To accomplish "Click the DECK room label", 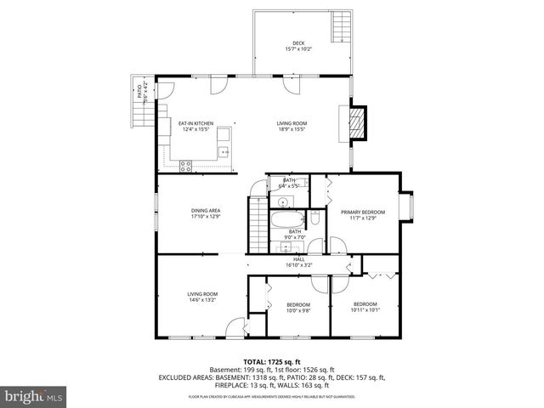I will (x=298, y=42).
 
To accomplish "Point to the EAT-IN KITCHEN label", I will (x=195, y=123).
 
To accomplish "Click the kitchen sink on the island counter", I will (x=224, y=153).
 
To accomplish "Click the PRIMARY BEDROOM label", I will (x=363, y=212).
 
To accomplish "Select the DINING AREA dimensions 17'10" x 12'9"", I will (x=206, y=217).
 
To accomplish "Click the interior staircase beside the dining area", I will (x=256, y=225).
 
